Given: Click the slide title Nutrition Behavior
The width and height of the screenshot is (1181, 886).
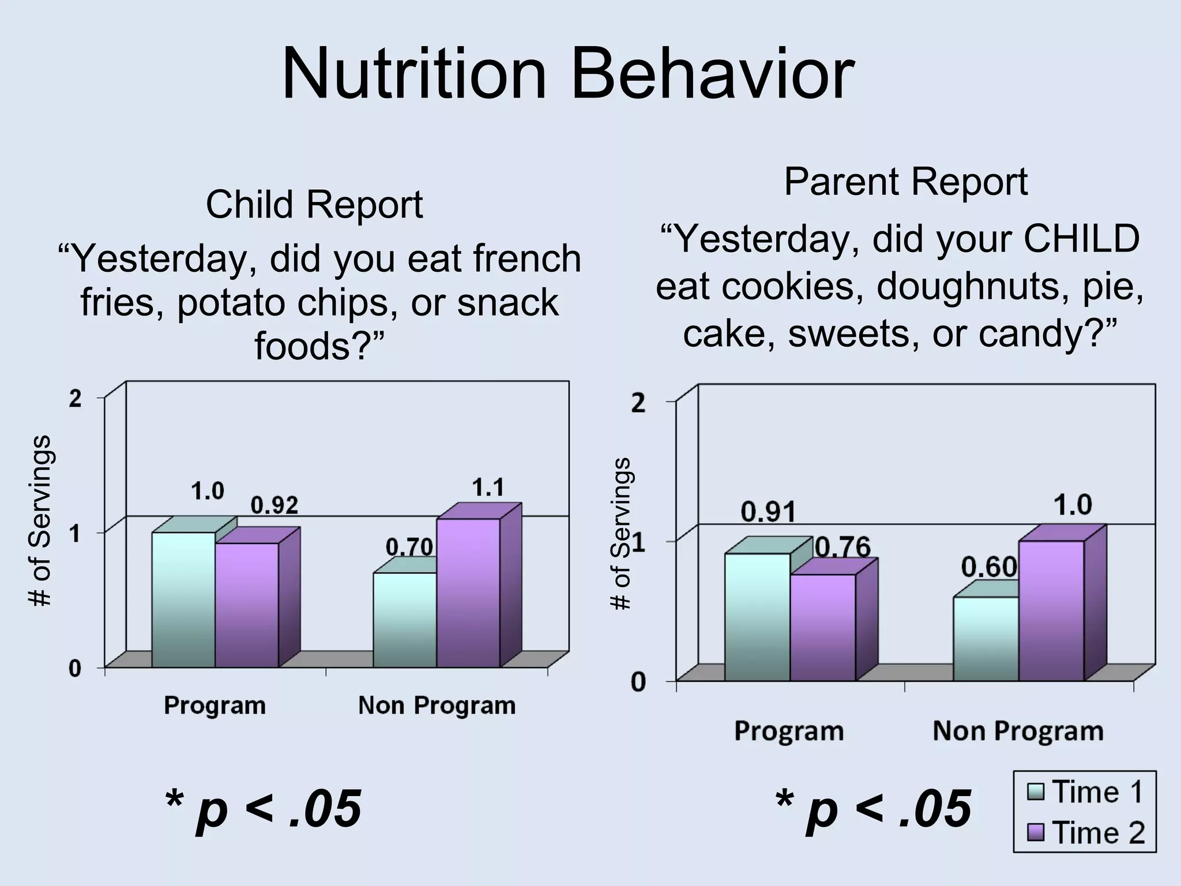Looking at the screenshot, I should click(568, 75).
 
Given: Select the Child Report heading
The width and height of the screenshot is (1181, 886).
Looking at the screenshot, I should click(314, 205).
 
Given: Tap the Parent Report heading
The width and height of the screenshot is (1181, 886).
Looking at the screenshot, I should click(905, 182).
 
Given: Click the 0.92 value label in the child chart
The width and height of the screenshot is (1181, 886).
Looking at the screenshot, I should click(274, 506).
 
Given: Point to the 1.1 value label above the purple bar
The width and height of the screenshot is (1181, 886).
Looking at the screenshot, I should click(488, 488).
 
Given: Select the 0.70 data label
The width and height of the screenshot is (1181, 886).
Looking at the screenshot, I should click(409, 547).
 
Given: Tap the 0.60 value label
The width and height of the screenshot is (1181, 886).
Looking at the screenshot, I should click(988, 568).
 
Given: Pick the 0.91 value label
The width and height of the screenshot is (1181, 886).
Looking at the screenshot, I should click(768, 512).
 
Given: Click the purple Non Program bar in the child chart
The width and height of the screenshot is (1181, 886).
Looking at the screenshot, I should click(468, 594).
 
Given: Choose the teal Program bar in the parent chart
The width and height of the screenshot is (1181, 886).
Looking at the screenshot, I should click(757, 617).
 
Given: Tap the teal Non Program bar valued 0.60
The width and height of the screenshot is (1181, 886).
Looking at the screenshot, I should click(985, 639).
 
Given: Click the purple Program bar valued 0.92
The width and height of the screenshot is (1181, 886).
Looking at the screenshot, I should click(247, 606).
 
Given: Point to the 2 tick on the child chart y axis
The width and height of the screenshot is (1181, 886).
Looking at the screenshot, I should click(75, 399).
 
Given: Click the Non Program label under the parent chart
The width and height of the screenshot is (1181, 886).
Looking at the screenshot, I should click(1018, 731).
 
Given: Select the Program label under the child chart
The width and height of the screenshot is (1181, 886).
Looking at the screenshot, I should click(215, 705).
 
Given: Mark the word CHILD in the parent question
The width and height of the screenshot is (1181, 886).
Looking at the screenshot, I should click(1081, 239).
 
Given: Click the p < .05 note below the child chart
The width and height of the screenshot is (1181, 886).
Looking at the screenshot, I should click(264, 809).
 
